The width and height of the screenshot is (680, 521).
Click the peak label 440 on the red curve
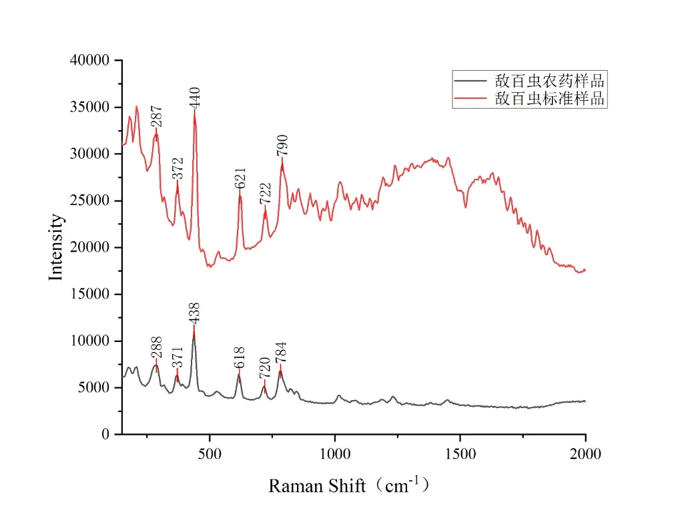[195, 98]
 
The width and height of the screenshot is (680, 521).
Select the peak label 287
[156, 116]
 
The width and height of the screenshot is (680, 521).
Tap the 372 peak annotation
[178, 169]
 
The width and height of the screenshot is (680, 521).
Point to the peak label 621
[241, 178]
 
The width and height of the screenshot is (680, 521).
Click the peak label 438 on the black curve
[195, 313]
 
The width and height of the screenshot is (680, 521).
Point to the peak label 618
[240, 357]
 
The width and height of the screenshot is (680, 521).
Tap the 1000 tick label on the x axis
[335, 454]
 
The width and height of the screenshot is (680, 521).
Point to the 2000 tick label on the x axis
[585, 454]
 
